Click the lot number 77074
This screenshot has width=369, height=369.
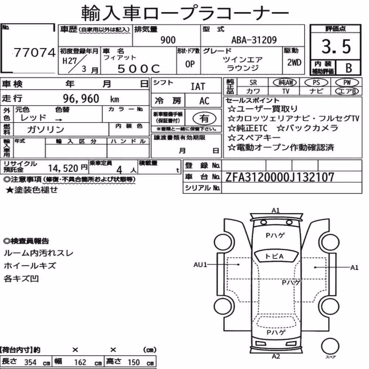pyautogui.click(x=35, y=52)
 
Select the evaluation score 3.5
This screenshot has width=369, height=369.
pyautogui.click(x=336, y=46)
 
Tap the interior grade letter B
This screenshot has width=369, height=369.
pyautogui.click(x=349, y=68)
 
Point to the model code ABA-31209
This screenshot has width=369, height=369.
pyautogui.click(x=254, y=40)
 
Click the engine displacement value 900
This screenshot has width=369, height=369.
pyautogui.click(x=168, y=40)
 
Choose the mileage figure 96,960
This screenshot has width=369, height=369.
pyautogui.click(x=81, y=99)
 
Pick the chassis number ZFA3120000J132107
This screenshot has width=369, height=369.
pyautogui.click(x=280, y=177)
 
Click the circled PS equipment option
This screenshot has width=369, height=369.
pyautogui.click(x=316, y=82)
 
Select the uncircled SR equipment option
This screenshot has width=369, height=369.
pyautogui.click(x=253, y=83)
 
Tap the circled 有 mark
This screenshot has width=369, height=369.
pyautogui.click(x=204, y=118)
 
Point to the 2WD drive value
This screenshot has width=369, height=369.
pyautogui.click(x=294, y=63)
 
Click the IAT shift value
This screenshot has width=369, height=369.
pyautogui.click(x=198, y=87)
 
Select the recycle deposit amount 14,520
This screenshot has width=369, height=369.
pyautogui.click(x=63, y=168)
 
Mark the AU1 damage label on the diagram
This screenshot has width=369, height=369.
pyautogui.click(x=200, y=265)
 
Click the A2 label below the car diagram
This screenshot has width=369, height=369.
pyautogui.click(x=276, y=356)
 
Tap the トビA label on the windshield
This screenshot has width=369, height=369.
pyautogui.click(x=274, y=256)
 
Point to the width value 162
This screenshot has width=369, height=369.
pyautogui.click(x=80, y=362)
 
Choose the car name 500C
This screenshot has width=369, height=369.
pyautogui.click(x=139, y=69)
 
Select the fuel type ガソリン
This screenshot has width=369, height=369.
pyautogui.click(x=45, y=129)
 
